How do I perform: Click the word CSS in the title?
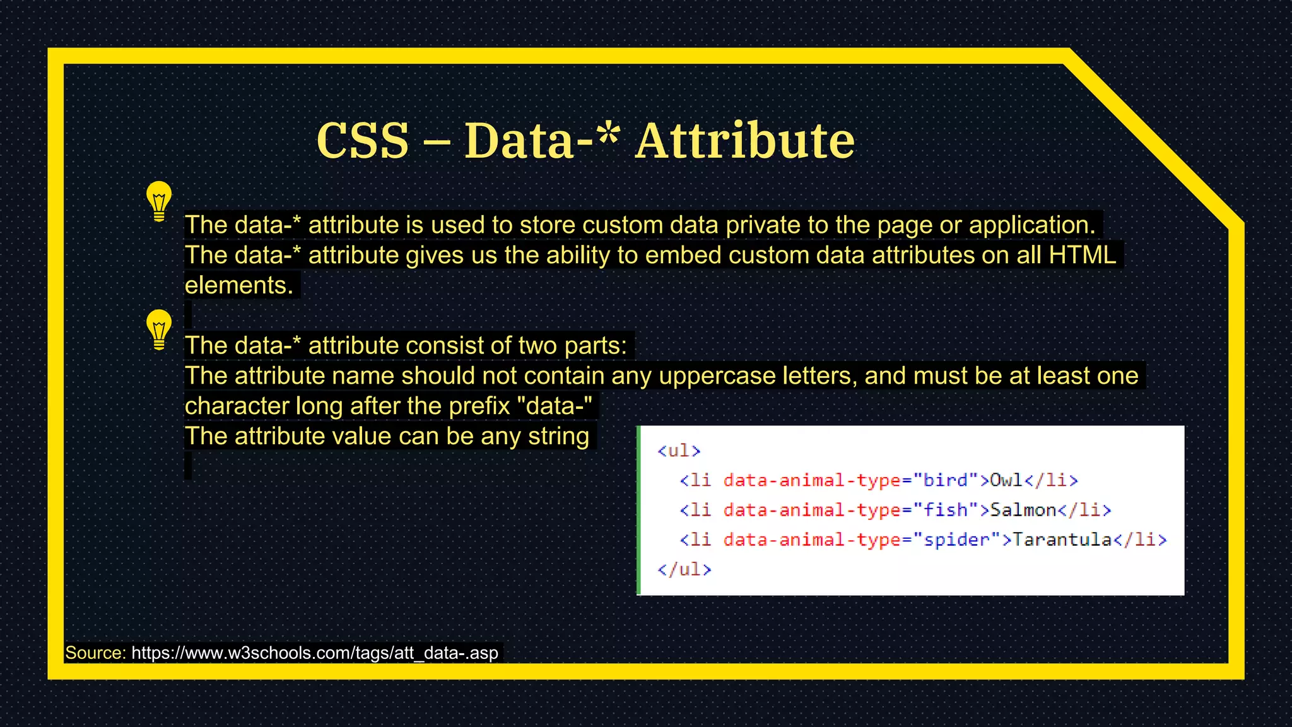click(x=363, y=140)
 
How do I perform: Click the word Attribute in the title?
click(x=744, y=140)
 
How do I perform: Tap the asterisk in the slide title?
click(x=607, y=134)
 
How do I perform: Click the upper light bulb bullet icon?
click(x=159, y=201)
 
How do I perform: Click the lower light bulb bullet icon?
click(x=159, y=329)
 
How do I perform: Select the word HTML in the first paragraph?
click(x=1082, y=255)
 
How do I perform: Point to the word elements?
click(x=238, y=285)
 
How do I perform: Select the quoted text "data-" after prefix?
click(x=555, y=406)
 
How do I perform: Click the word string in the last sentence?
click(x=558, y=436)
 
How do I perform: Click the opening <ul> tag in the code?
click(x=679, y=451)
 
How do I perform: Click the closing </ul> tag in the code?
click(x=684, y=569)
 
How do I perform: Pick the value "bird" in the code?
click(x=945, y=480)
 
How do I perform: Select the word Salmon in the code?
click(x=1023, y=510)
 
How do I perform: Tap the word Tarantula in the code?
click(x=1062, y=540)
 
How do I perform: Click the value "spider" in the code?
click(x=956, y=540)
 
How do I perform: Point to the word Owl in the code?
click(x=1006, y=480)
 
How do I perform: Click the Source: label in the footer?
click(x=96, y=653)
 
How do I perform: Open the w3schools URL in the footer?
click(x=314, y=653)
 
